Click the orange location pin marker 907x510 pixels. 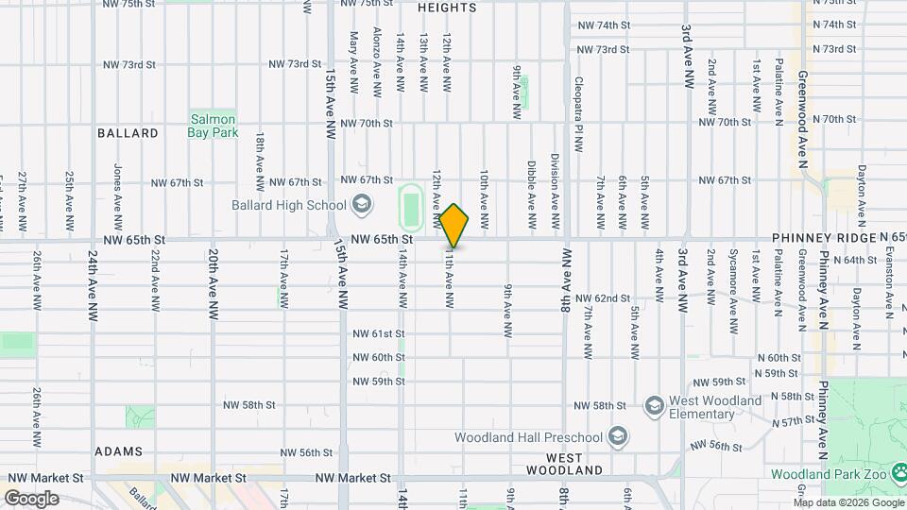point(454,227)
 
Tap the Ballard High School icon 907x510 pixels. point(361,205)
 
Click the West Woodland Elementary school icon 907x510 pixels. point(653,407)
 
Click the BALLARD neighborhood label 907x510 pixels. point(128,133)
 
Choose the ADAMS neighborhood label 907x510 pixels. point(118,451)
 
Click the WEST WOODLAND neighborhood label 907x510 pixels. point(565,463)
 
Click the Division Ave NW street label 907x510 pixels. point(555,192)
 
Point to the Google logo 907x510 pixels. point(31,499)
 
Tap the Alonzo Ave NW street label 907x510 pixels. point(377,62)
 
